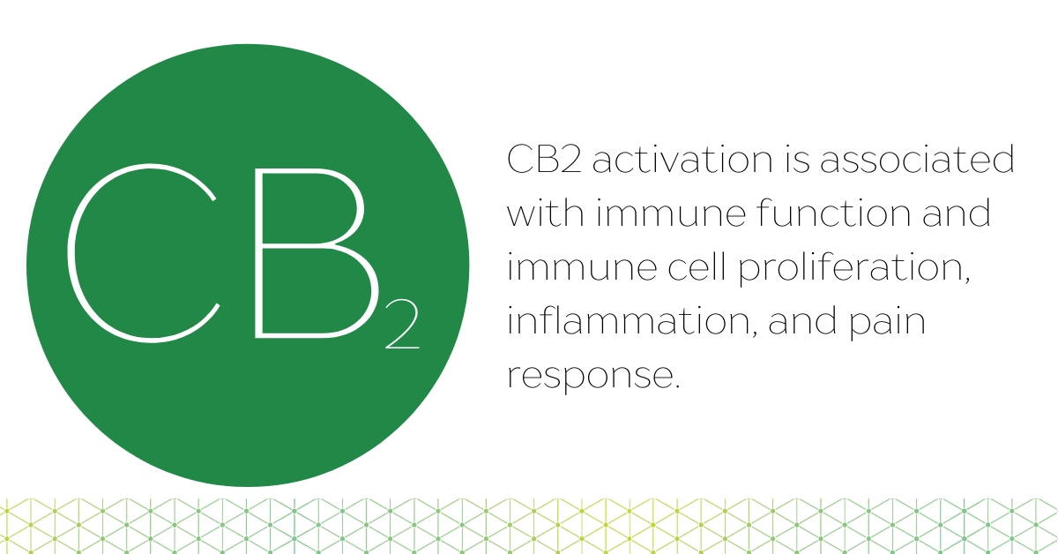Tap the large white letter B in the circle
point(257,253)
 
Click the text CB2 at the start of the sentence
point(544,159)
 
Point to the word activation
point(682,159)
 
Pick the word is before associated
point(795,159)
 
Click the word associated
point(917,159)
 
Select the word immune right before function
point(670,213)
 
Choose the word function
point(834,213)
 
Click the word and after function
point(956,213)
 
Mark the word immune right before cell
point(582,267)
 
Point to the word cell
point(697,266)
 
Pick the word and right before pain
point(802,320)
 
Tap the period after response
point(677,386)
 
